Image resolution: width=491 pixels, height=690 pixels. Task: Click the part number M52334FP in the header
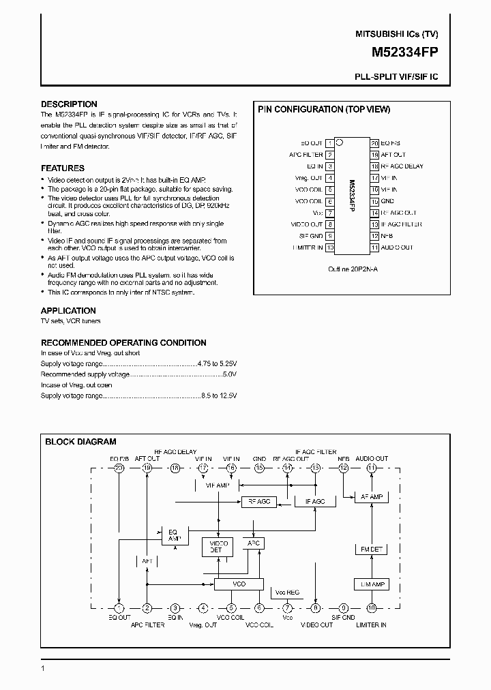405,51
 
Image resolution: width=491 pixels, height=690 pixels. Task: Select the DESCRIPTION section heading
69,104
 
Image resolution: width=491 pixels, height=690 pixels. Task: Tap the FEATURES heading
63,168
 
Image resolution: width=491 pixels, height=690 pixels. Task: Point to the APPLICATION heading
68,310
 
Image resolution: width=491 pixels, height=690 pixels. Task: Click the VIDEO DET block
216,546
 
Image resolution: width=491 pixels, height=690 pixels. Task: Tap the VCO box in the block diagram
239,584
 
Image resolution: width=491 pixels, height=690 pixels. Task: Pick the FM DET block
372,549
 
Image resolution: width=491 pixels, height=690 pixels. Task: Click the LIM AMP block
372,584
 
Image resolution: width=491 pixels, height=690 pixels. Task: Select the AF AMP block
372,497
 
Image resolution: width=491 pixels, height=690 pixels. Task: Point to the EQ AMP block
173,535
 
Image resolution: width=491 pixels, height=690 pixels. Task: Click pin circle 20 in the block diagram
119,468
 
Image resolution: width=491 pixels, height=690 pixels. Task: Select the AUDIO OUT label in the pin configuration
397,247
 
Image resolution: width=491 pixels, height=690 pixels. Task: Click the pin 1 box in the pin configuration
330,143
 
